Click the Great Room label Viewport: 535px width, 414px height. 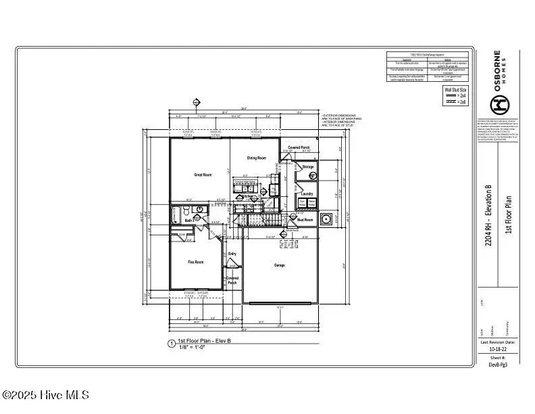(203, 175)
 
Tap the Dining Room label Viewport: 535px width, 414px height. (256, 158)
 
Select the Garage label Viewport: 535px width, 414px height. (279, 265)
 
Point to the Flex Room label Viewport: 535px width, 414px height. (195, 262)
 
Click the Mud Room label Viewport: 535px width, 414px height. (305, 220)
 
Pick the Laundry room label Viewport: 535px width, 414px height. (307, 193)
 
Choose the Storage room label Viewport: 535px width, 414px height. (308, 166)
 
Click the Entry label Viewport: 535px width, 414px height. (232, 254)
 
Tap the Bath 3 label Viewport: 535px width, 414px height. (190, 221)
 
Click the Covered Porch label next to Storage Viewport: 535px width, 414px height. (299, 147)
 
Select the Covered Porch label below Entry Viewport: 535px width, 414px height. (232, 280)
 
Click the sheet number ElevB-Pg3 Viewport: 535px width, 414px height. (499, 364)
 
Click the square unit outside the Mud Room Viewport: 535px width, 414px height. (327, 219)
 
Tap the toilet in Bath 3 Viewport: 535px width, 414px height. (174, 211)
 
